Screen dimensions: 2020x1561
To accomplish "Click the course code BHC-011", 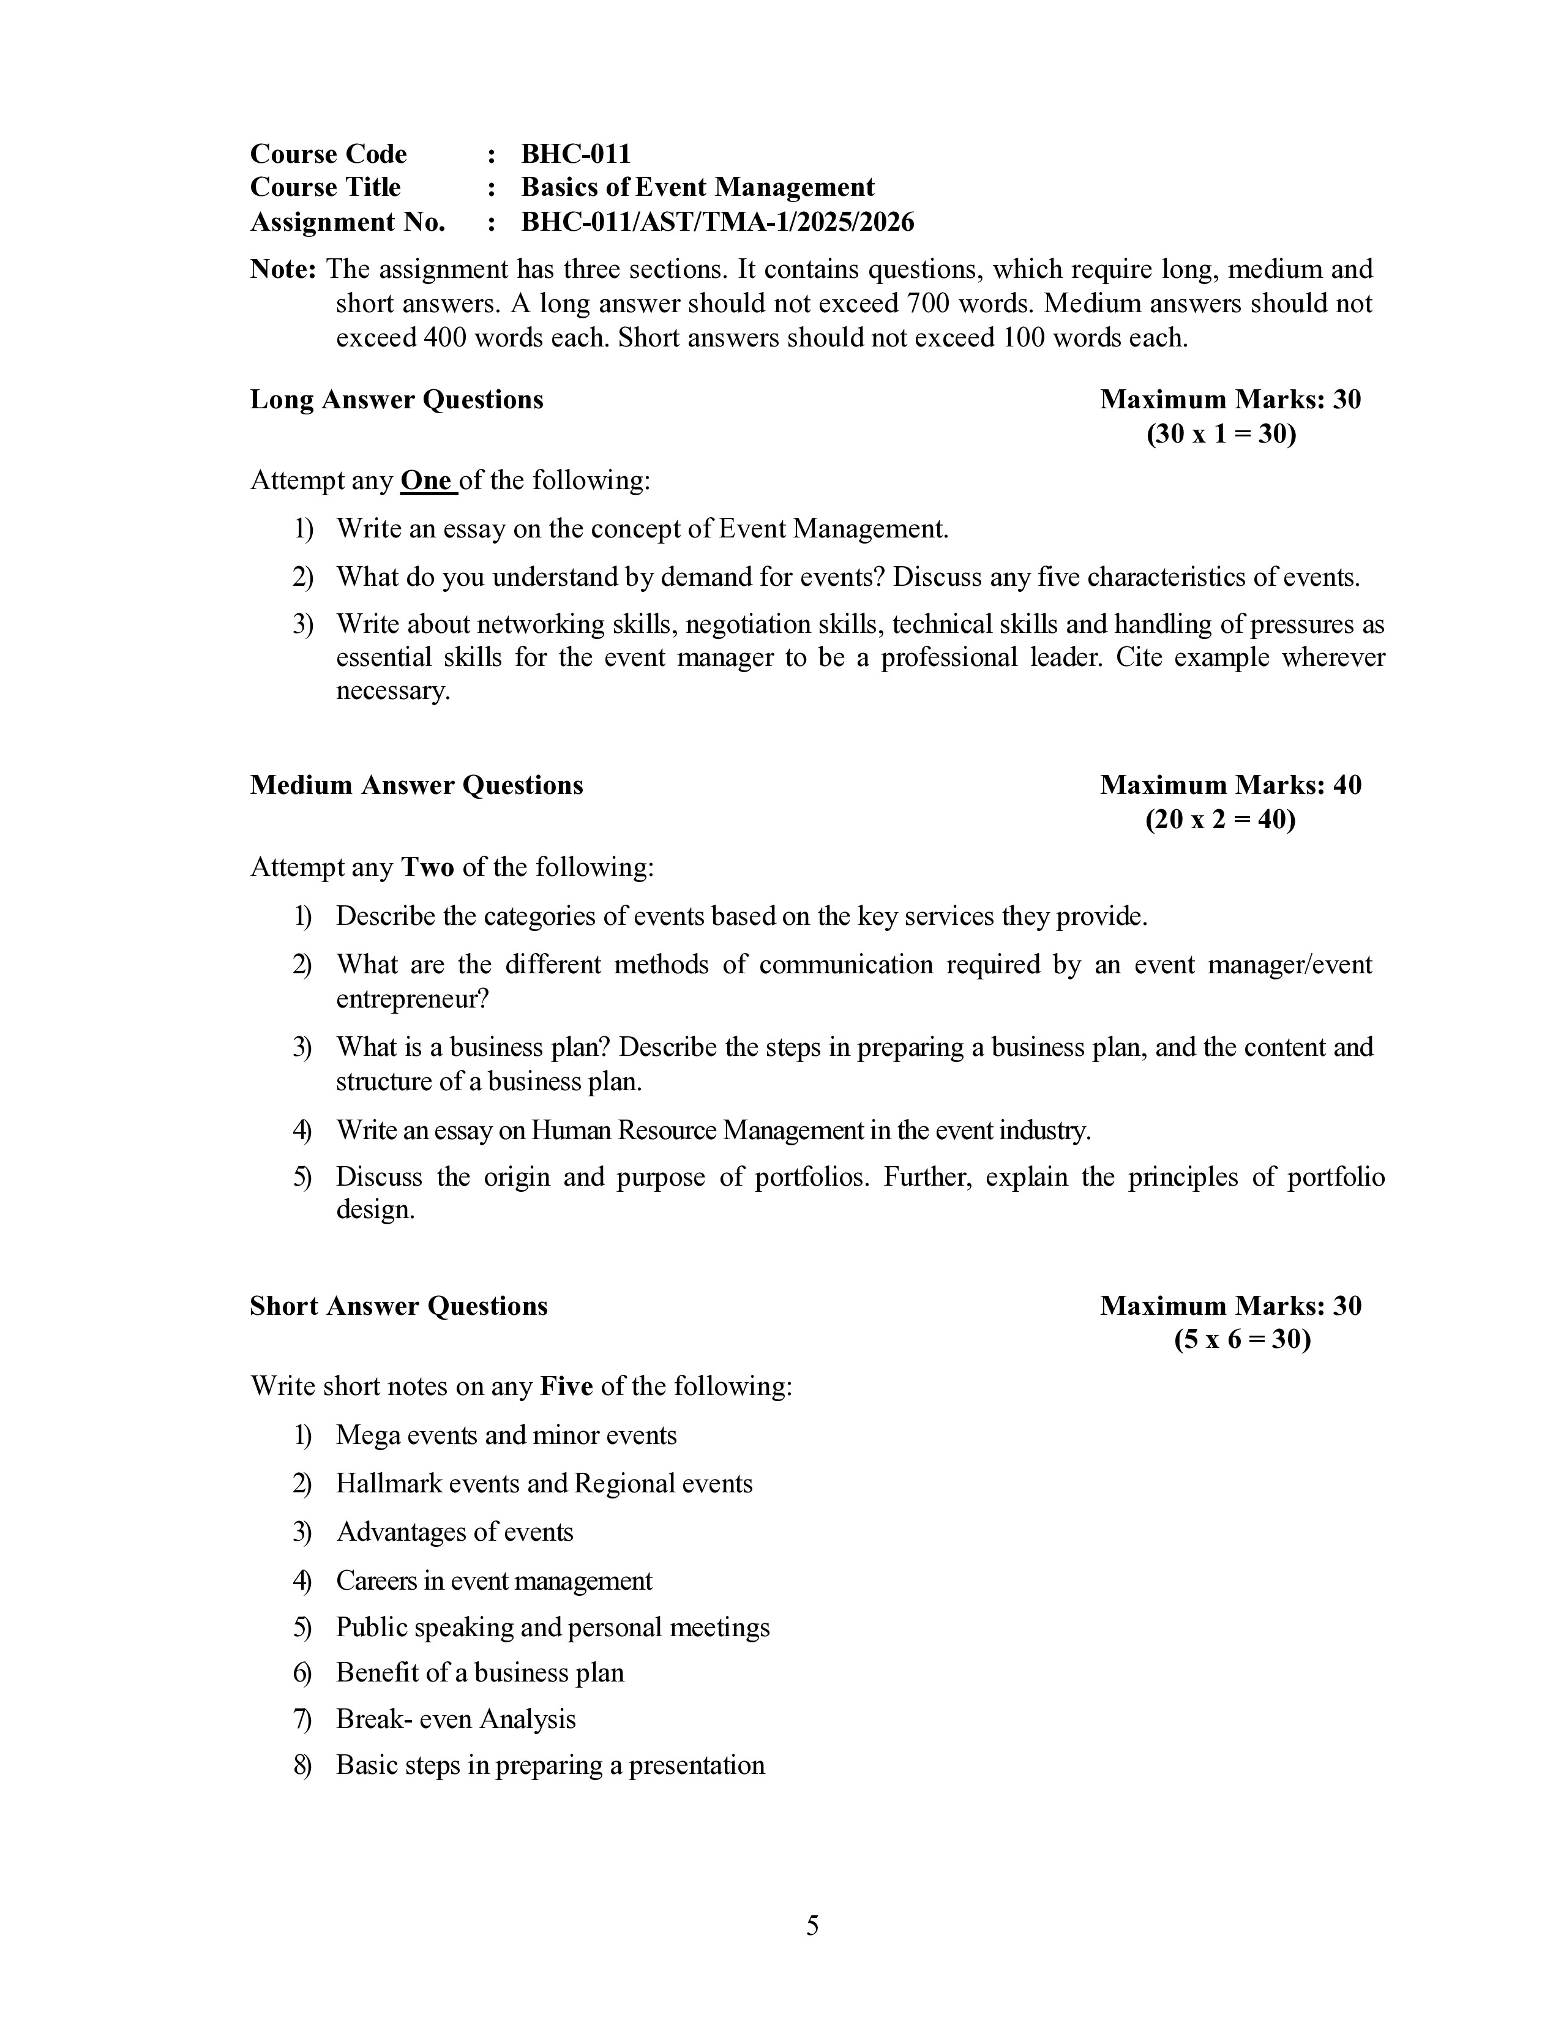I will coord(575,154).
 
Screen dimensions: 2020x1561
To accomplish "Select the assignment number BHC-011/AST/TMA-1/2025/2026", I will coord(717,222).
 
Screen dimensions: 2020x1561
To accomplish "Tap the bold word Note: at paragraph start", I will coord(283,269).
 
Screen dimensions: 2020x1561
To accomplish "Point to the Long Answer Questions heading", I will coord(396,400).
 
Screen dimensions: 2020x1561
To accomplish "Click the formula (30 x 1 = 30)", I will coord(1221,434).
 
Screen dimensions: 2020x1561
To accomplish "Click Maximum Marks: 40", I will coord(1230,785).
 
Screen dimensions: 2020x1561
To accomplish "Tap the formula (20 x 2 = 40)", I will coord(1220,820).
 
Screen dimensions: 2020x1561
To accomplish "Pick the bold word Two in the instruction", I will coord(427,867).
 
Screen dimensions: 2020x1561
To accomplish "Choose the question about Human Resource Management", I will coord(713,1130).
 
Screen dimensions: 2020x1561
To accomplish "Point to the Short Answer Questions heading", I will coord(399,1306).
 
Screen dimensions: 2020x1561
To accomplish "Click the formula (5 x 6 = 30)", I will coord(1242,1339).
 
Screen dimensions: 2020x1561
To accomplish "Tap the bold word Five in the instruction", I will coord(566,1386).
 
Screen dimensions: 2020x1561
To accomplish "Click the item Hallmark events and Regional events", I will coord(544,1484).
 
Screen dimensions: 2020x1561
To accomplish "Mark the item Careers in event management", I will coord(494,1580).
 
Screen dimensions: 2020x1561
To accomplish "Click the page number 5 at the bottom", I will coord(812,1926).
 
